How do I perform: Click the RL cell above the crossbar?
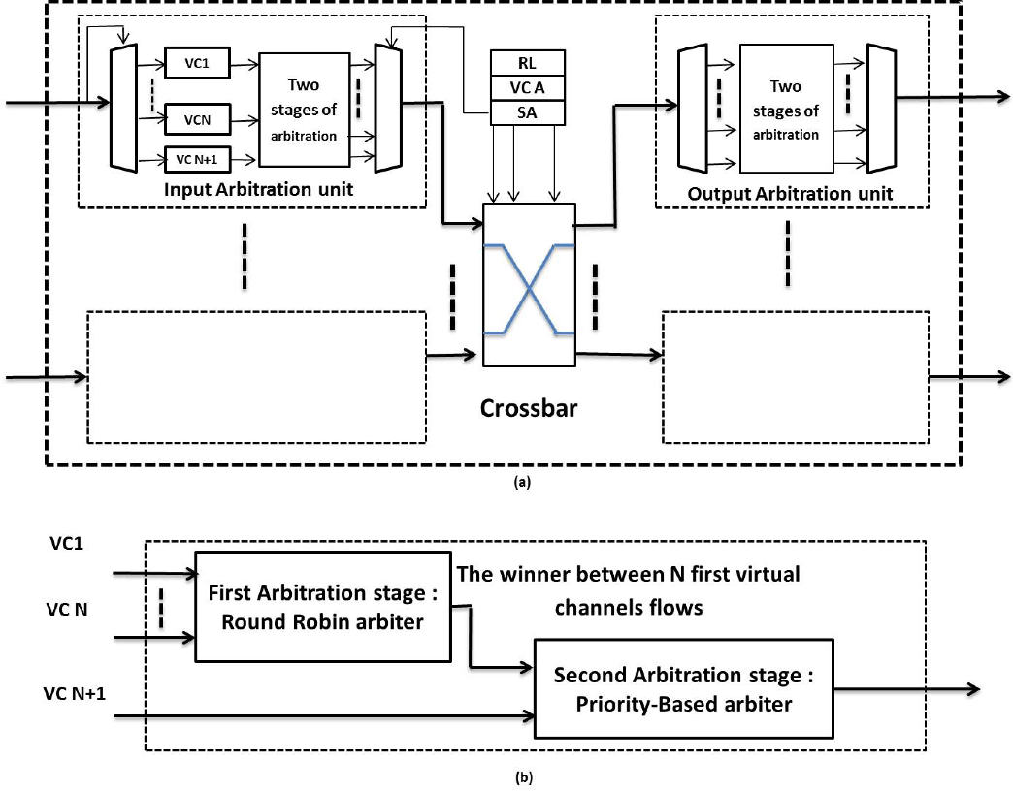pyautogui.click(x=527, y=64)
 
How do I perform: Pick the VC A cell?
pyautogui.click(x=527, y=89)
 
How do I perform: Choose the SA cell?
pyautogui.click(x=527, y=114)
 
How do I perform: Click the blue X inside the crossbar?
pyautogui.click(x=529, y=289)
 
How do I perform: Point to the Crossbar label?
pyautogui.click(x=529, y=408)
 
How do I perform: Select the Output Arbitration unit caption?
pyautogui.click(x=790, y=194)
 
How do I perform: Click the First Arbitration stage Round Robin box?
pyautogui.click(x=323, y=606)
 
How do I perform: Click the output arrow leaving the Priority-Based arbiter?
pyautogui.click(x=902, y=689)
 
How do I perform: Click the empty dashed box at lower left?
pyautogui.click(x=256, y=376)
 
